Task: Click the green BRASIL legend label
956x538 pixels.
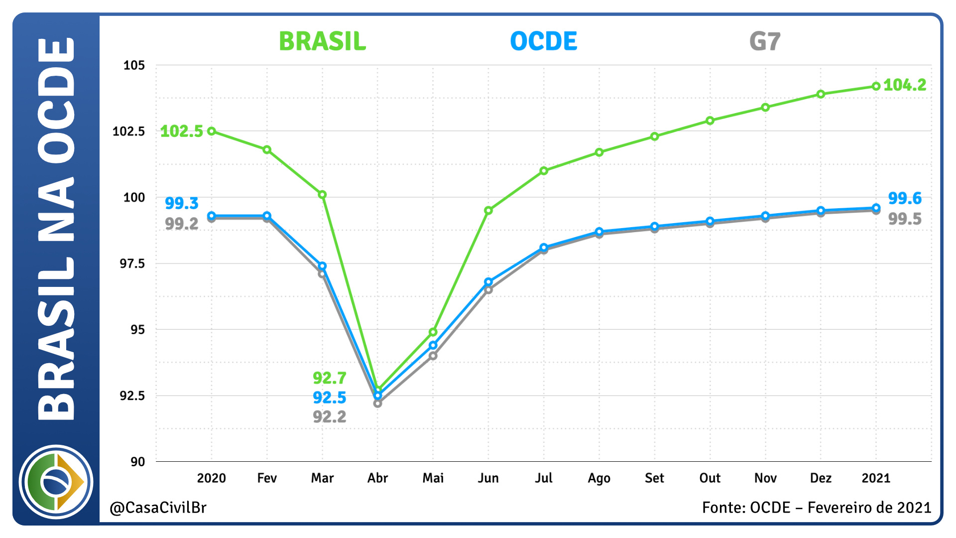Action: pyautogui.click(x=322, y=41)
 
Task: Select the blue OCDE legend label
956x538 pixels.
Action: pyautogui.click(x=544, y=41)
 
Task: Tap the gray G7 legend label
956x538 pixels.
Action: pyautogui.click(x=765, y=41)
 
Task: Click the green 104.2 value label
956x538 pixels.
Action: pyautogui.click(x=905, y=85)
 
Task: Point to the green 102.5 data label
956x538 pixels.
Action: pyautogui.click(x=182, y=132)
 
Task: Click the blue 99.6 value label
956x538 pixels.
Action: pyautogui.click(x=905, y=198)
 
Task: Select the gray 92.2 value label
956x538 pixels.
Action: pyautogui.click(x=329, y=416)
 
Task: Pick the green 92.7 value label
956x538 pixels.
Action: pyautogui.click(x=329, y=378)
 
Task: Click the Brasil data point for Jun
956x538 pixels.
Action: pyautogui.click(x=488, y=211)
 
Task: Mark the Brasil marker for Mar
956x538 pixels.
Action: pyautogui.click(x=322, y=195)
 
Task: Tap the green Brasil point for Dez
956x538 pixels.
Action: pyautogui.click(x=821, y=94)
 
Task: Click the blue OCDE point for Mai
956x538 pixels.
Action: pyautogui.click(x=433, y=345)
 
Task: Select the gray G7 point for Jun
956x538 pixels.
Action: pyautogui.click(x=488, y=290)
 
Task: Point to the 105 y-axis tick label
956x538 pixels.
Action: pyautogui.click(x=134, y=65)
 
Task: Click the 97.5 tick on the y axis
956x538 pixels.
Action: pyautogui.click(x=132, y=264)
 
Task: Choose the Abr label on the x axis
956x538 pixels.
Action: pyautogui.click(x=377, y=478)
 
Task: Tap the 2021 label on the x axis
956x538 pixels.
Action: pyautogui.click(x=876, y=478)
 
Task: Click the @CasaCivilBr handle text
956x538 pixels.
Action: pyautogui.click(x=158, y=508)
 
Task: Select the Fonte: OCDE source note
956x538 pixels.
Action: pyautogui.click(x=816, y=508)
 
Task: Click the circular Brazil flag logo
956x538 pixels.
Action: pyautogui.click(x=56, y=482)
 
